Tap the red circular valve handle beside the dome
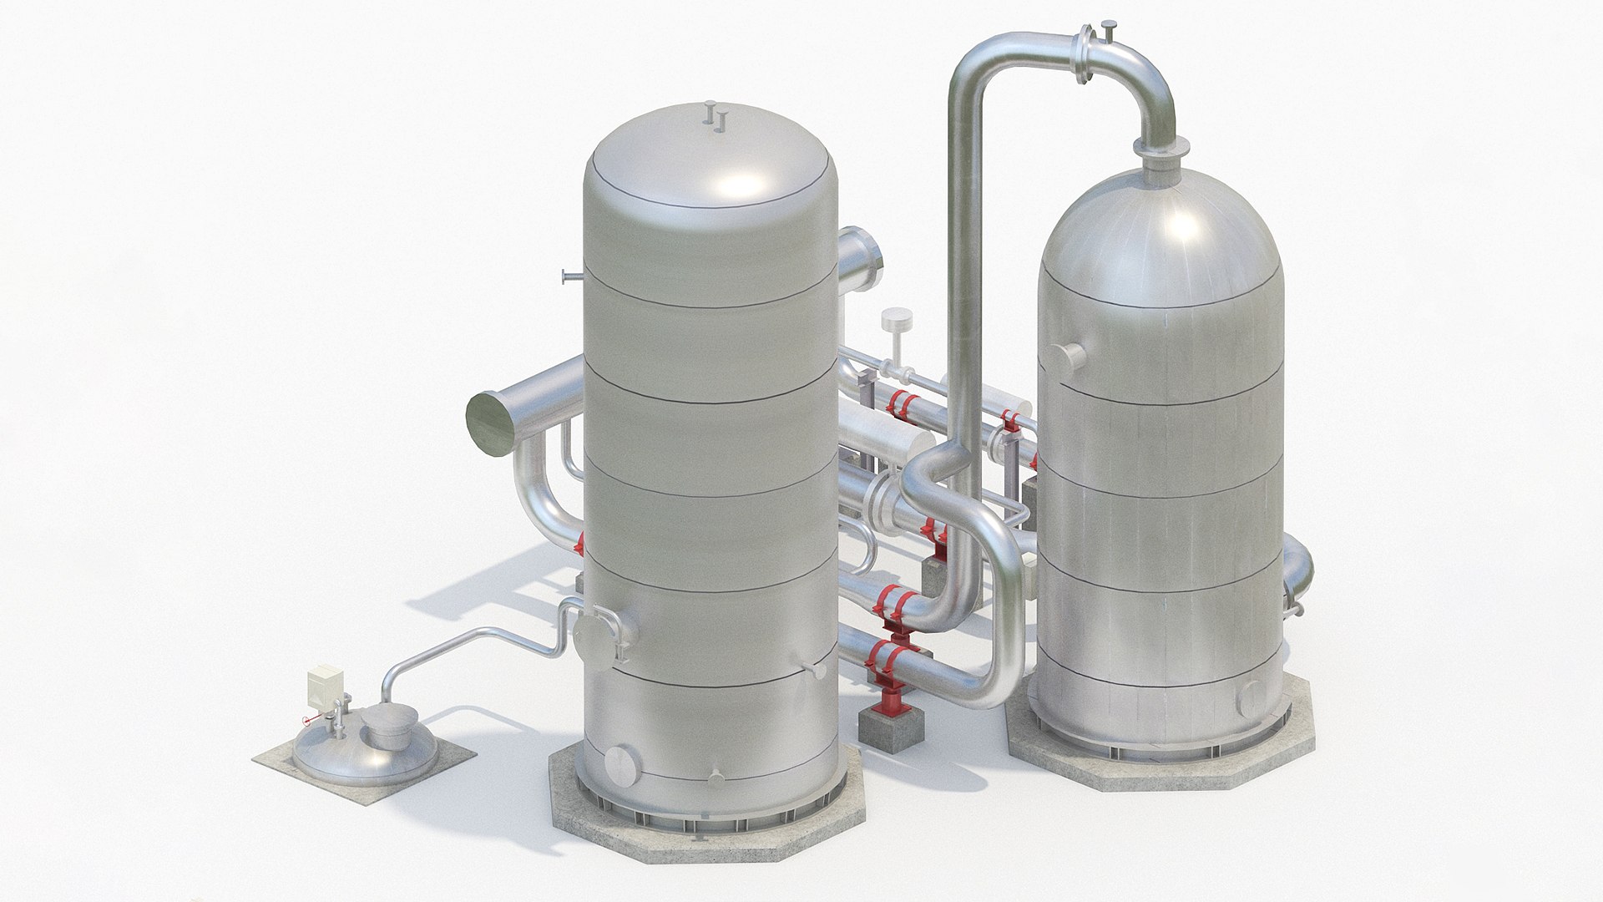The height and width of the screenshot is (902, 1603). pos(305,719)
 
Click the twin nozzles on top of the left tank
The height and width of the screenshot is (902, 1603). pos(714,117)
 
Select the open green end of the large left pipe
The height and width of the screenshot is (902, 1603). pos(490,424)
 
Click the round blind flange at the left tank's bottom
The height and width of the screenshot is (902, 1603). pos(621,764)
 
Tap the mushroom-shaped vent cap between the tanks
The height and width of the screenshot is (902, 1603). pos(896,322)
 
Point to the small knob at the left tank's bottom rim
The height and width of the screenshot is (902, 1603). pos(716,778)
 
